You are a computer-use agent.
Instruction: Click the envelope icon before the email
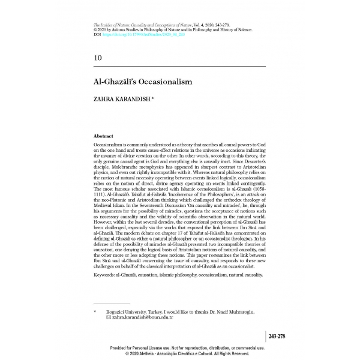(x=107, y=317)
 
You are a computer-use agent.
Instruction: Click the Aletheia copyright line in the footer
(x=180, y=354)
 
